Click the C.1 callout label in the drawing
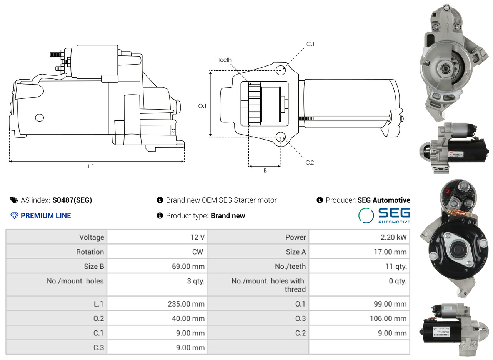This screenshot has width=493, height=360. [x=310, y=44]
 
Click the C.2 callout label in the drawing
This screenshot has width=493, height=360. [x=310, y=162]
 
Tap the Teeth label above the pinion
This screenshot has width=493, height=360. [x=225, y=60]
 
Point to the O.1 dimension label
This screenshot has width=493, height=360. [x=202, y=106]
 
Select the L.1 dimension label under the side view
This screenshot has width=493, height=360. [x=91, y=167]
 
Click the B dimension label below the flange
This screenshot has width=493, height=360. [x=265, y=170]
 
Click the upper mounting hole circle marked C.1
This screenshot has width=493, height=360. [x=281, y=70]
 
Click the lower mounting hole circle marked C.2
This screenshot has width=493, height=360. [x=281, y=137]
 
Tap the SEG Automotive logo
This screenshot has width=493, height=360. [x=384, y=215]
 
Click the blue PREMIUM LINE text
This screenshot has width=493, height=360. [x=46, y=215]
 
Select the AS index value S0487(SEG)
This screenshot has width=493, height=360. [x=72, y=200]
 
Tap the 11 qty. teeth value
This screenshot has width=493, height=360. [x=396, y=267]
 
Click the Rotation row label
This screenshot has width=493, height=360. [x=90, y=252]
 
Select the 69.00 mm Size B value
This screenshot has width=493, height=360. [x=188, y=267]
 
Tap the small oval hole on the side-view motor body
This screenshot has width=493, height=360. [x=39, y=118]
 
